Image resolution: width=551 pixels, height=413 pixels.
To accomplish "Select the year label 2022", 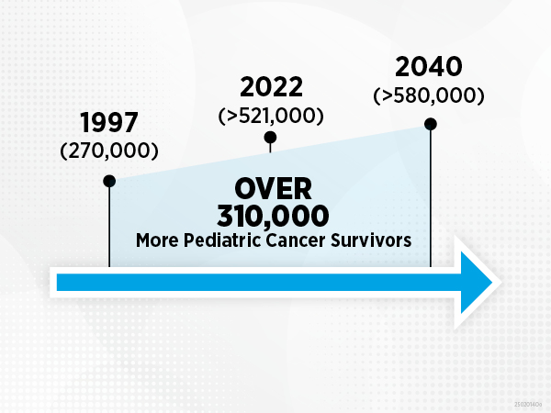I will [x=270, y=88].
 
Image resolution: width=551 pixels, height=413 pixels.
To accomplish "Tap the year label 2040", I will [x=429, y=68].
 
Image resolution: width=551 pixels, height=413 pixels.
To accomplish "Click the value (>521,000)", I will [x=270, y=116].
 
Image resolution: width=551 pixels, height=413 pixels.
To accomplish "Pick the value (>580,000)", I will [x=429, y=95].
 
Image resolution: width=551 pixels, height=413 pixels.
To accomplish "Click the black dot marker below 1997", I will [x=109, y=181].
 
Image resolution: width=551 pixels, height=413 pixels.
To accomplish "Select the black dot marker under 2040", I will [x=430, y=123].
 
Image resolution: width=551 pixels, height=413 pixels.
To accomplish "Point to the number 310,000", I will [x=273, y=217].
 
